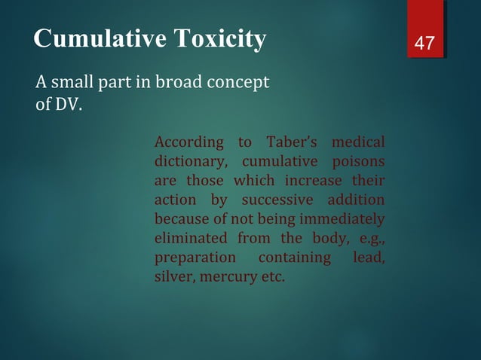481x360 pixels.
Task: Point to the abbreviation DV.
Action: click(x=66, y=103)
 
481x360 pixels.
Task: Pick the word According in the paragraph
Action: click(x=188, y=142)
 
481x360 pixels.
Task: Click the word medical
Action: click(x=358, y=142)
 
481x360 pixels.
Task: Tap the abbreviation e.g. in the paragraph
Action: click(x=369, y=239)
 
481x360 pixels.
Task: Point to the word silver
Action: click(x=173, y=278)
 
